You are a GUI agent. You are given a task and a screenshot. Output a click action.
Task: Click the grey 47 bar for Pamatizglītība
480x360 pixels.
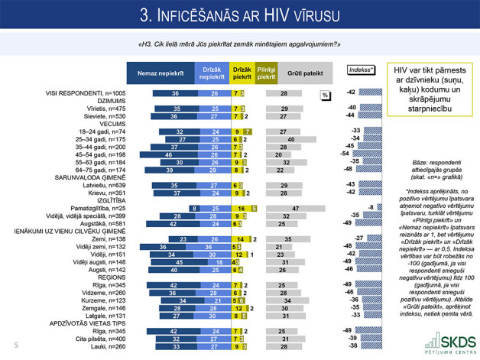pos(295,208)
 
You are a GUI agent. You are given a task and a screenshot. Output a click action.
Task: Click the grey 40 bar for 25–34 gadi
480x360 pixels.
pos(292,138)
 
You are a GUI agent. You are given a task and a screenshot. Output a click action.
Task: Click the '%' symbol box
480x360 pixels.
pos(324,95)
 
